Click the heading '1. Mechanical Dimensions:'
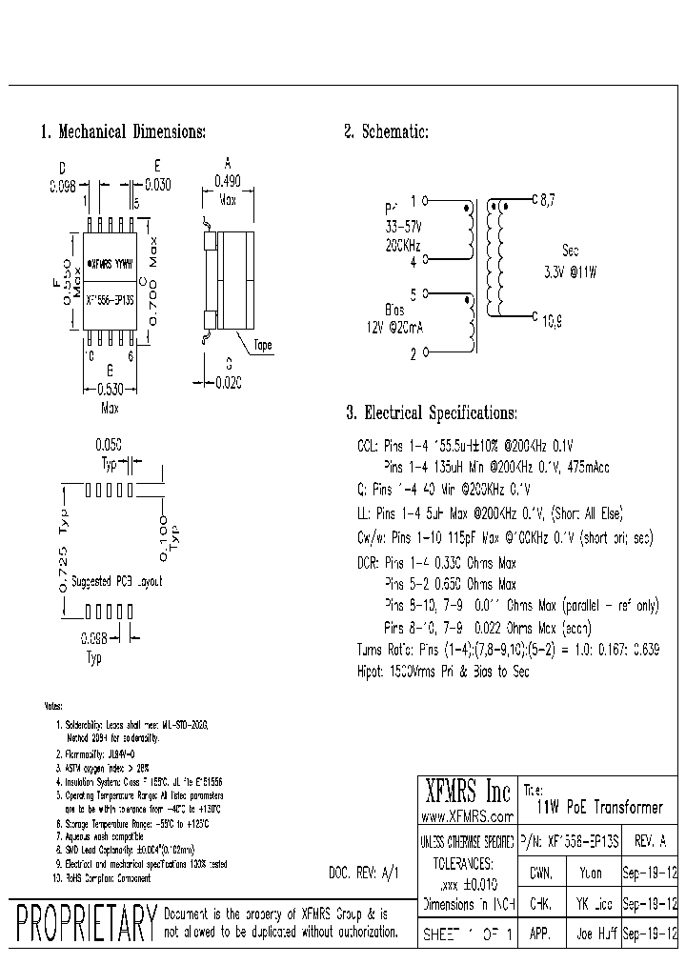click(x=123, y=131)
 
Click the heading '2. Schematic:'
click(x=386, y=131)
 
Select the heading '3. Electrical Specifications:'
click(x=432, y=412)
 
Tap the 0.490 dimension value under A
click(x=227, y=182)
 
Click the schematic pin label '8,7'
click(x=548, y=201)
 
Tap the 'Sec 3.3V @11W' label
click(x=571, y=261)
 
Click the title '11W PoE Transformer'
click(x=599, y=807)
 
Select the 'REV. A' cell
click(x=652, y=841)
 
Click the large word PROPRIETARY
click(x=85, y=924)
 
